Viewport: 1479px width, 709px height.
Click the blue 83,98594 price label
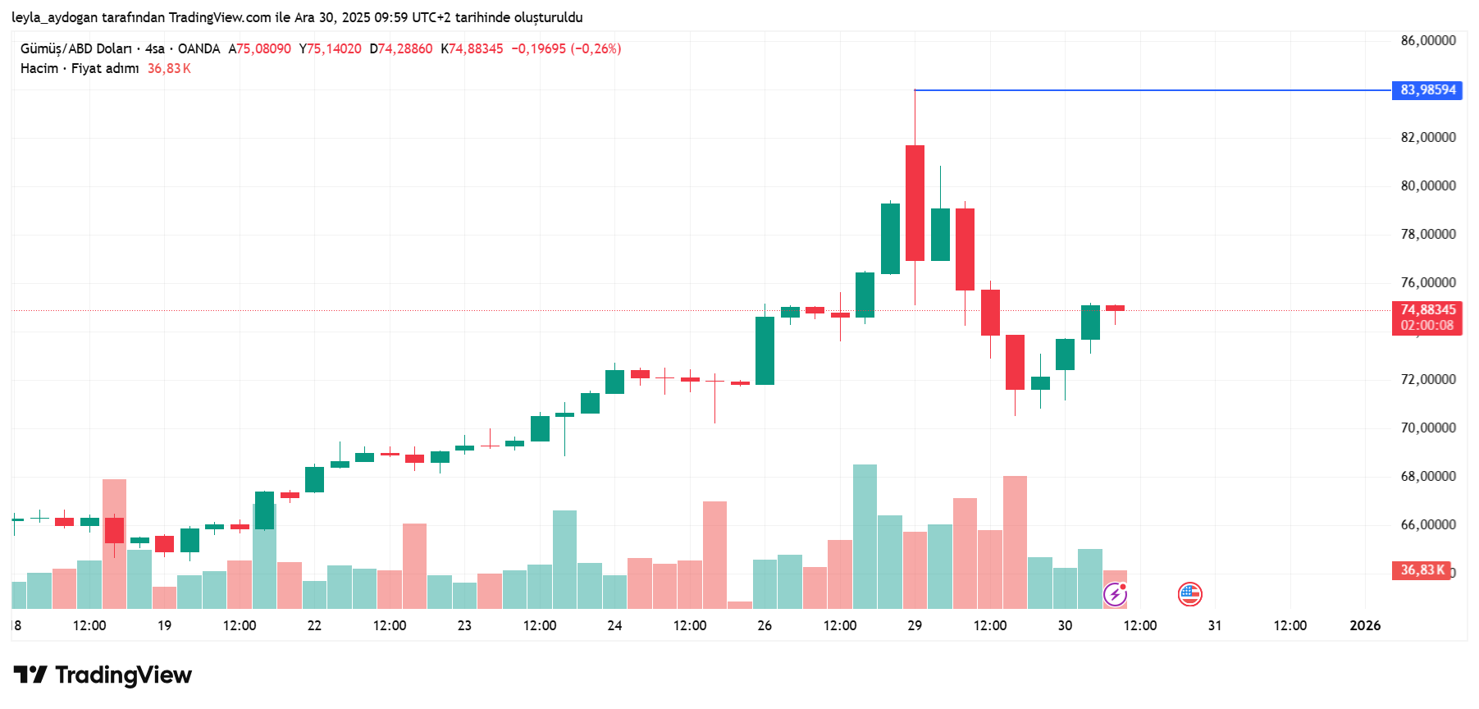(x=1427, y=90)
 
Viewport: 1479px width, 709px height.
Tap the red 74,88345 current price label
(x=1427, y=310)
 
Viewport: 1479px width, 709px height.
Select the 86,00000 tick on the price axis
(x=1427, y=41)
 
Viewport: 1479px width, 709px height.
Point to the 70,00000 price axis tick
(x=1427, y=428)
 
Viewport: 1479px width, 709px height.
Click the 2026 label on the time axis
(x=1364, y=625)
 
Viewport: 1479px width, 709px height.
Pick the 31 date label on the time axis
(x=1214, y=625)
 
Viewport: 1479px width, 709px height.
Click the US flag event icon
(x=1189, y=594)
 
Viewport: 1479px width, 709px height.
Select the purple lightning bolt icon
(x=1115, y=594)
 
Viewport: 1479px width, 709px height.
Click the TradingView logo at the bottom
(x=103, y=675)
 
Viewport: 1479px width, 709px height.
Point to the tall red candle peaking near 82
(x=915, y=203)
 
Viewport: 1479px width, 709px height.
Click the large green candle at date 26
(x=765, y=350)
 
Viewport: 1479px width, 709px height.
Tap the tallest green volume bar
(x=865, y=536)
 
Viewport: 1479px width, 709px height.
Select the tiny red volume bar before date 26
(x=739, y=605)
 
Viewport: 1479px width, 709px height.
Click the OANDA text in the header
(x=199, y=49)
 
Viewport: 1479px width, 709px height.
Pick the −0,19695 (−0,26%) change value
(x=566, y=49)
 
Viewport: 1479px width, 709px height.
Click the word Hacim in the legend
(x=39, y=69)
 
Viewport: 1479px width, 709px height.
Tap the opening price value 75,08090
(x=263, y=49)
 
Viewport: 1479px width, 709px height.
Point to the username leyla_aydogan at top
(x=53, y=17)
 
